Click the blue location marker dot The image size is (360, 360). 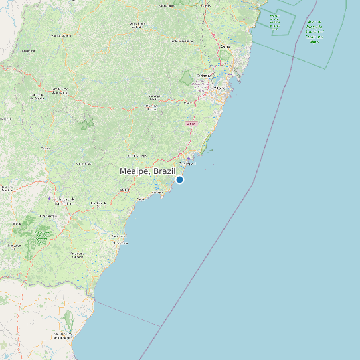pos(179,179)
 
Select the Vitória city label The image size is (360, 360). pos(221,87)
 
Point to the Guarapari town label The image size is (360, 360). pos(187,162)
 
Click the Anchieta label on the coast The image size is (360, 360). pos(158,193)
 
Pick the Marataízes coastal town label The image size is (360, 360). pos(120,243)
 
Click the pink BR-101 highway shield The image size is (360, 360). pos(191,124)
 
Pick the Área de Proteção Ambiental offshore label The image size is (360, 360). pos(314,32)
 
